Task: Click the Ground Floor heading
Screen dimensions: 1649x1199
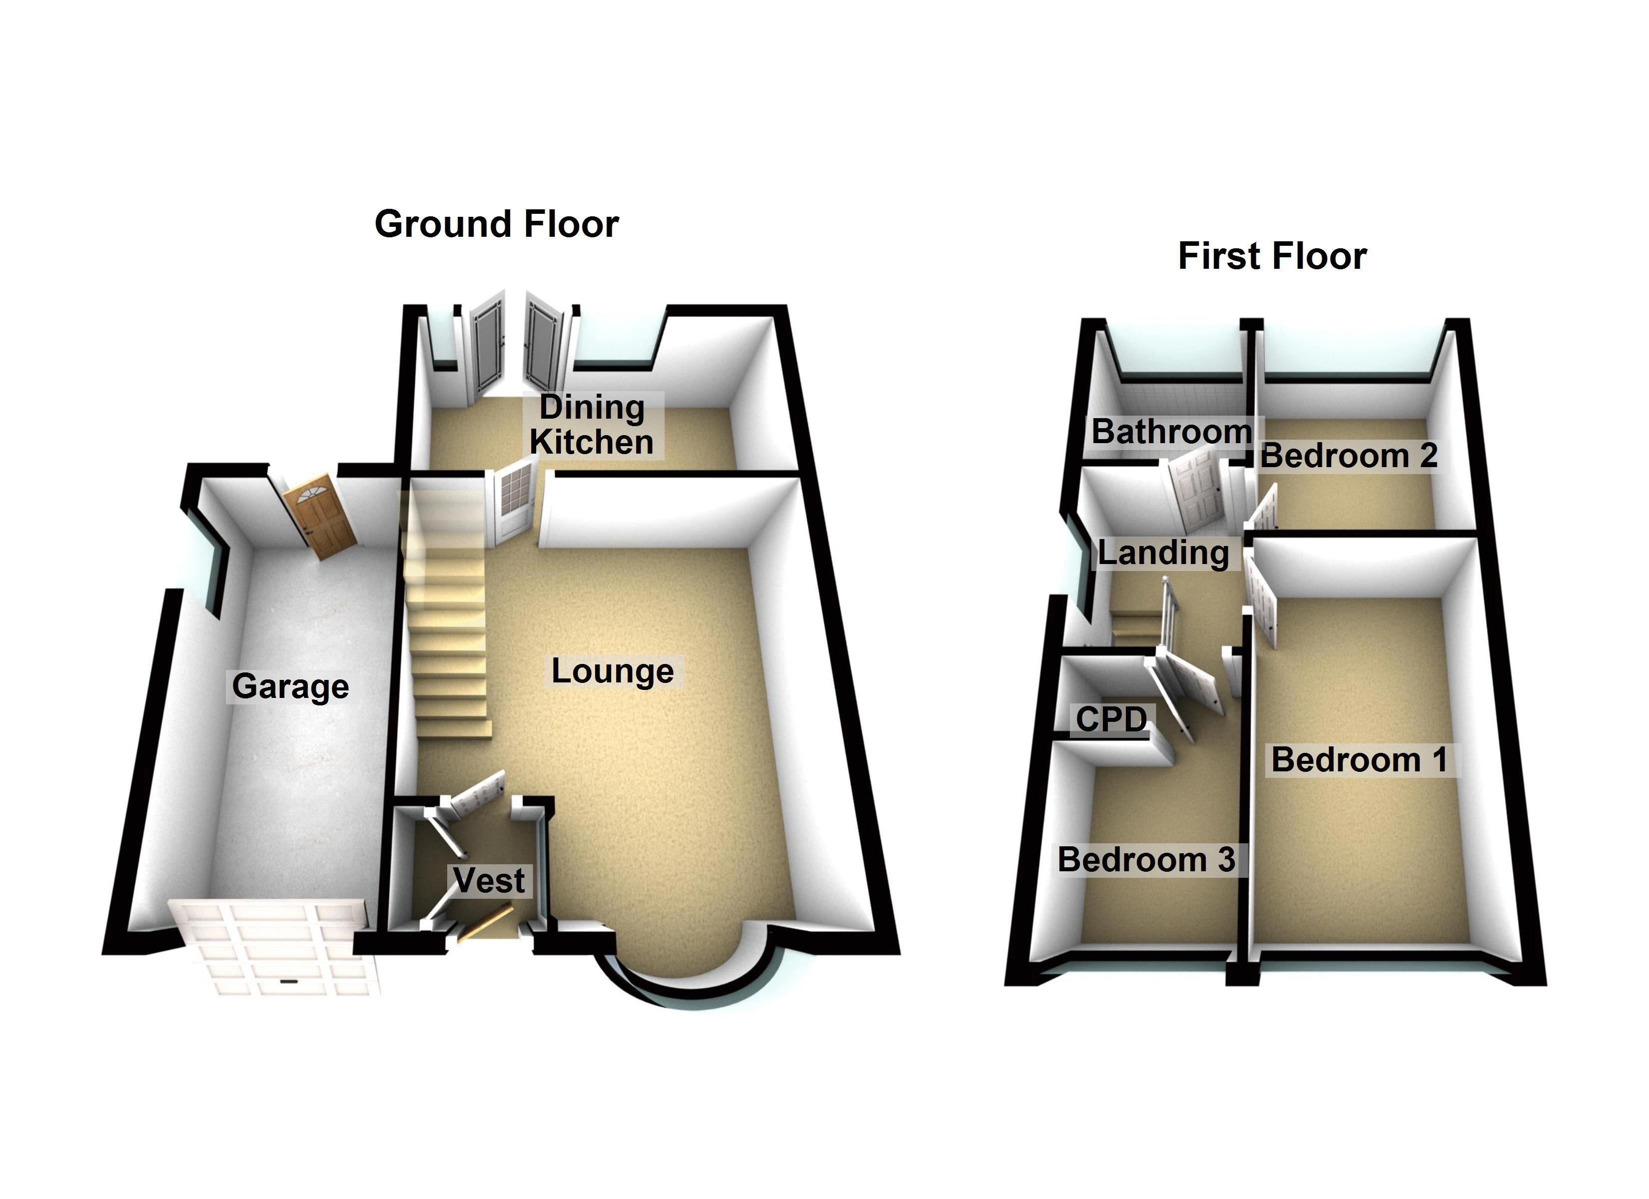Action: point(497,223)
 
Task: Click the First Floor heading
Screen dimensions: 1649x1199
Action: point(1272,256)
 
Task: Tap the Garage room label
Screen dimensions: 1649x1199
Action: point(290,685)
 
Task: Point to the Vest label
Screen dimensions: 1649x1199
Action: point(489,880)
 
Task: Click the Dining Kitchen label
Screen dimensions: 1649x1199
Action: point(591,425)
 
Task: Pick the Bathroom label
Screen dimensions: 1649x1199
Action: point(1171,431)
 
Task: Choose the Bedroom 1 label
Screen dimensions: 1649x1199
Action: point(1359,760)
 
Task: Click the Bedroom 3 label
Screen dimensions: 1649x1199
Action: point(1146,859)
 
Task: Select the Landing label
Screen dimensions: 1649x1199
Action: point(1163,553)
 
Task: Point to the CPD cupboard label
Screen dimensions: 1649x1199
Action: point(1111,719)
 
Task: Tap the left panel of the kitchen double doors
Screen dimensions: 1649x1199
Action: point(486,345)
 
